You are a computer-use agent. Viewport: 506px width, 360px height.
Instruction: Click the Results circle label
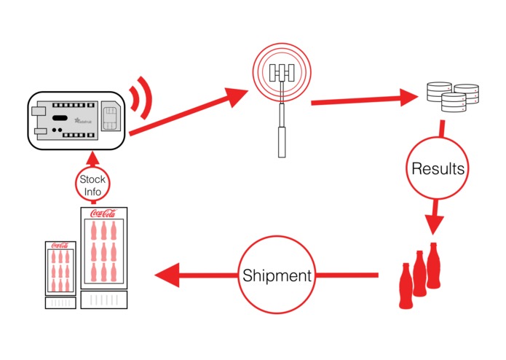coord(438,169)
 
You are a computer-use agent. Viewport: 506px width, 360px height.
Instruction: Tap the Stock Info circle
coord(92,185)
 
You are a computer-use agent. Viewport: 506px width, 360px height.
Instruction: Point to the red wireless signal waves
coord(143,101)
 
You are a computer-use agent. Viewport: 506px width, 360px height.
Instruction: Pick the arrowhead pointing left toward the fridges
coord(166,276)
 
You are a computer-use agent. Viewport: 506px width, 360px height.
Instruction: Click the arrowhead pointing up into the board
coord(92,158)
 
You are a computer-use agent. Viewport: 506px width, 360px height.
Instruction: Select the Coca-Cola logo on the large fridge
coord(102,214)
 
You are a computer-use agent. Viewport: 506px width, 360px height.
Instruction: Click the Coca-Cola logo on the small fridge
coord(60,246)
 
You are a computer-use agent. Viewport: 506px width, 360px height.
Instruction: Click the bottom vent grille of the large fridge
coord(102,300)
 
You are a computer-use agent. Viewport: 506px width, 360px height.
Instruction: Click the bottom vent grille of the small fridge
coord(60,302)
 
